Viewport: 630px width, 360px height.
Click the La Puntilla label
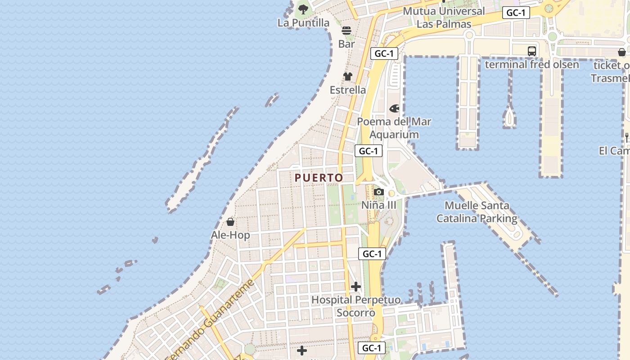coord(303,22)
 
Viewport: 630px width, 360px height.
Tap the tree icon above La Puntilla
coord(303,9)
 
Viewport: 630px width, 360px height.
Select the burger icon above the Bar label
coord(346,31)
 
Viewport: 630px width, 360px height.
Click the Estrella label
coord(348,90)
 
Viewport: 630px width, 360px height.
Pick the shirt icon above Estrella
coord(348,76)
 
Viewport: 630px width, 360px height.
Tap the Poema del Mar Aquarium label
coord(394,128)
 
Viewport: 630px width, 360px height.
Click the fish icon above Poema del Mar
coord(394,108)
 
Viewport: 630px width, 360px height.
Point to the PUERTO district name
coord(319,178)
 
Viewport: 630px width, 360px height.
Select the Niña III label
coord(379,205)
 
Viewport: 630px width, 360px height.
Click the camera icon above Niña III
coord(379,192)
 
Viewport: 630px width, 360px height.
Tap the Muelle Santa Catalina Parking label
coord(477,212)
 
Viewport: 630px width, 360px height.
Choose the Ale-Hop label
coord(230,235)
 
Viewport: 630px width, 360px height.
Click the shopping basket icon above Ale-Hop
coord(230,222)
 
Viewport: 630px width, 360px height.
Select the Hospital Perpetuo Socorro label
coord(356,306)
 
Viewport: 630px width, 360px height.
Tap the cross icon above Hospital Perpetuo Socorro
coord(356,287)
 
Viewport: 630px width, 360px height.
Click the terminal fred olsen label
coord(532,64)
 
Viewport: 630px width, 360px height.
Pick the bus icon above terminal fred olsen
coord(532,51)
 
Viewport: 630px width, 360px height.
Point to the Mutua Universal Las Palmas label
coord(444,18)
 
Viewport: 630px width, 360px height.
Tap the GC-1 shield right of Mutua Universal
coord(516,13)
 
